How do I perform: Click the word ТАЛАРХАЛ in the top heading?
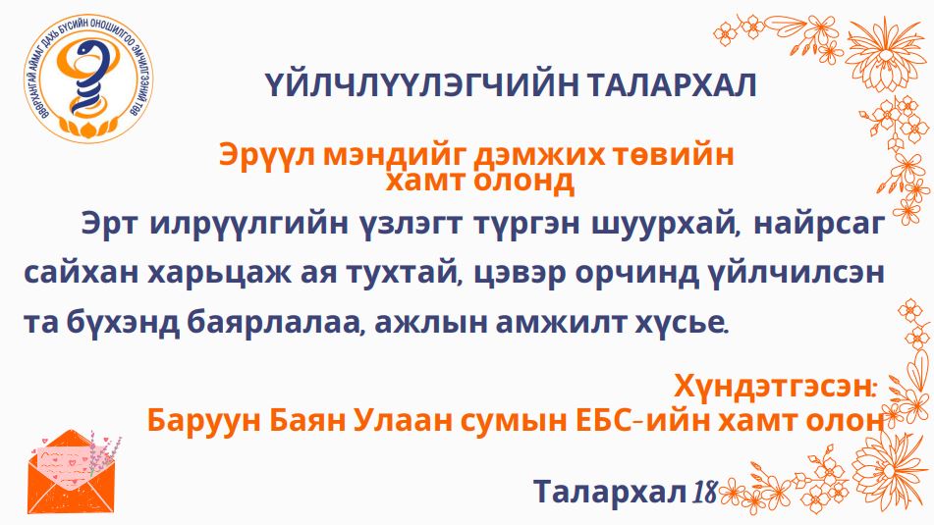click(x=671, y=85)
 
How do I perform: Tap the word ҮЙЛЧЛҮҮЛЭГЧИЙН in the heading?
click(x=421, y=85)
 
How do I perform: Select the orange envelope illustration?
click(x=73, y=473)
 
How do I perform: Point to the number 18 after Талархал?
click(x=704, y=492)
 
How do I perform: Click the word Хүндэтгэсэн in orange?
click(x=773, y=387)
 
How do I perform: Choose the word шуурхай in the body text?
click(x=661, y=226)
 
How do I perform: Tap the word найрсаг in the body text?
click(x=820, y=226)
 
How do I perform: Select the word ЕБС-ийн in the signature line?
click(x=639, y=421)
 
